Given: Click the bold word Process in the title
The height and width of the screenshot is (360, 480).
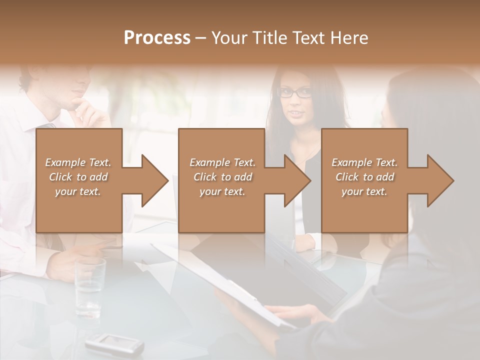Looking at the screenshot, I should (x=157, y=38).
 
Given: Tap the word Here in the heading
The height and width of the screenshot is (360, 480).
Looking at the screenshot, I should (x=349, y=38).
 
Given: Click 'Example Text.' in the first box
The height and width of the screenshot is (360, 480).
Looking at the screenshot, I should (x=78, y=162).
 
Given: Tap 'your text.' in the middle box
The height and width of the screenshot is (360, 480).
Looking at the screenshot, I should (x=222, y=191).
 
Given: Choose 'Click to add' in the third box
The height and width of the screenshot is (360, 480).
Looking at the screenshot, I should (x=364, y=177).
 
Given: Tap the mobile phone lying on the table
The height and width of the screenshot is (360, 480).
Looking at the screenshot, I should (x=114, y=344).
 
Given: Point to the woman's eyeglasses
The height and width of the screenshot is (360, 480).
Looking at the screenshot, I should (x=295, y=92).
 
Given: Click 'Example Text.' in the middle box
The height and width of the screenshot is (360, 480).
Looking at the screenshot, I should (x=222, y=162).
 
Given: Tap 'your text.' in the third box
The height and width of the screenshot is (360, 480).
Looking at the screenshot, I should (x=364, y=191).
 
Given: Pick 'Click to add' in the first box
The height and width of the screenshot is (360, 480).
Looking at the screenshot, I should (x=78, y=177).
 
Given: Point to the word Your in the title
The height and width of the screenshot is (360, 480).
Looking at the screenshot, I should (x=228, y=38).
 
